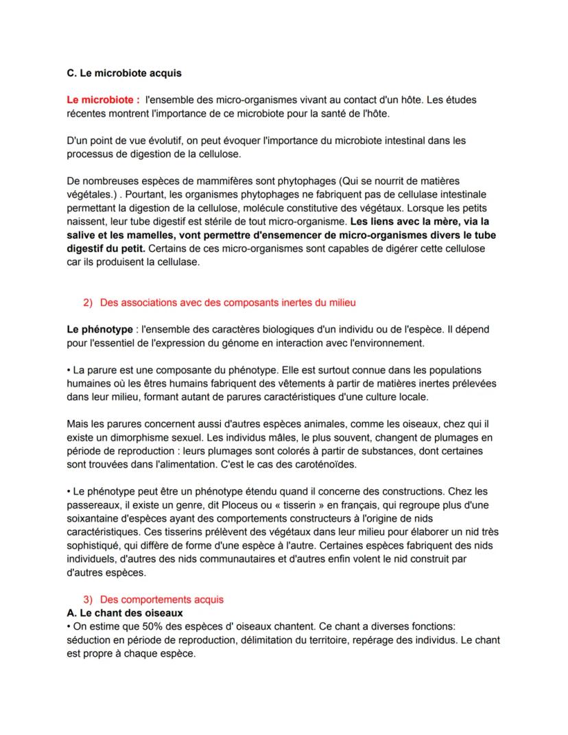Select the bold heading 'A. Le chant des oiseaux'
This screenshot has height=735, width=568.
point(126,612)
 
